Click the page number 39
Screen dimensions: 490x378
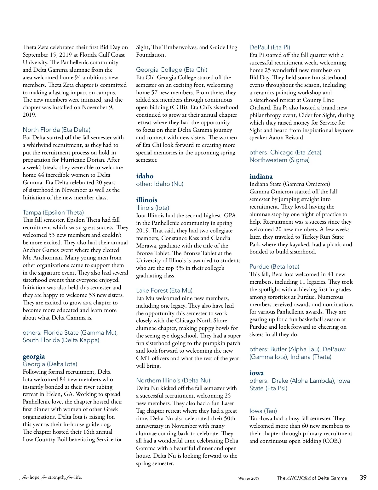363,477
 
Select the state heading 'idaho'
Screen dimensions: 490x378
145,176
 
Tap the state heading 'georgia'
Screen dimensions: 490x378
34,356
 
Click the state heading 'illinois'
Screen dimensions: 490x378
146,200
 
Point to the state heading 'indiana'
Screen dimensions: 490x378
261,176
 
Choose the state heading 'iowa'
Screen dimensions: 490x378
256,373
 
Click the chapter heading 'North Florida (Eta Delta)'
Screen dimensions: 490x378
56,130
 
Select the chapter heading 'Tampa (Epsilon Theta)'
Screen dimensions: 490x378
53,212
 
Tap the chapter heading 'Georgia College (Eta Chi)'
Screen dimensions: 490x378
171,70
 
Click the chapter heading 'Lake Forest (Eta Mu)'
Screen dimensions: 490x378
164,290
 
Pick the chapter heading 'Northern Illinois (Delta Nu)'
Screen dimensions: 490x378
173,381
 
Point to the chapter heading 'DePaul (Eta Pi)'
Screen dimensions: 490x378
270,47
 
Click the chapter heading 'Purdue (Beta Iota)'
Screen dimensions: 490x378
274,267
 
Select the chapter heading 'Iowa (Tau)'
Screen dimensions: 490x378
263,411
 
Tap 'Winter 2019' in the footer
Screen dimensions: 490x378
249,478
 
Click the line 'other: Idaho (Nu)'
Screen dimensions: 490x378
159,184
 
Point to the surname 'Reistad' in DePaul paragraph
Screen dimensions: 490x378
295,138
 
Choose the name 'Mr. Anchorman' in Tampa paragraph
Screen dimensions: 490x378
42,258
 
